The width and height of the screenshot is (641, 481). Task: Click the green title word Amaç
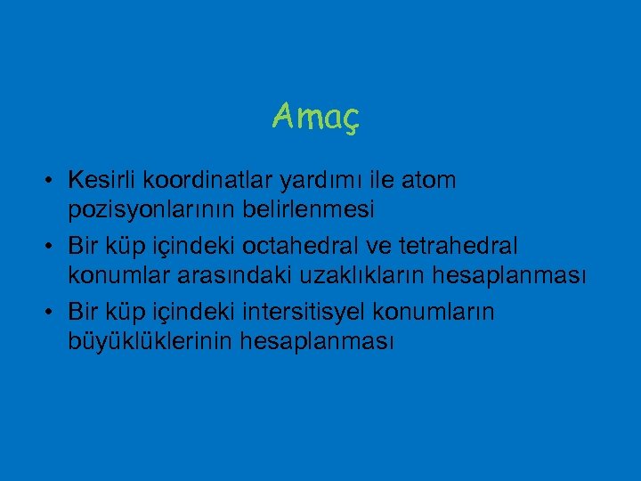click(x=315, y=116)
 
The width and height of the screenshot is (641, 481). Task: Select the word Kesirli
click(x=107, y=181)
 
